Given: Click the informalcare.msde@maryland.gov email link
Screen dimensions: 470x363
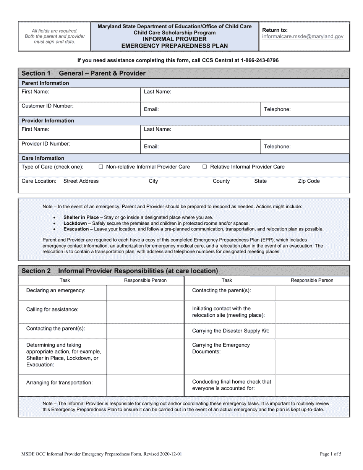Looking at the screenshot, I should [303, 37].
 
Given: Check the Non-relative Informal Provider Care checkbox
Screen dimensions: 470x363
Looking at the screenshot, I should [101, 167].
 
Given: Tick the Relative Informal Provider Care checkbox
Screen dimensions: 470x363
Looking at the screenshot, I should [205, 167].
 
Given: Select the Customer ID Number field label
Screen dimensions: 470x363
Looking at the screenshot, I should [47, 106].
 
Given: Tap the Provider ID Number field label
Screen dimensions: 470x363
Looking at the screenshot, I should [46, 144].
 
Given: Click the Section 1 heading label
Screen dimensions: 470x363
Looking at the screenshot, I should [36, 73].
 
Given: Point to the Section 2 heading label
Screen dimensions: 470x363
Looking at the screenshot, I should [36, 271].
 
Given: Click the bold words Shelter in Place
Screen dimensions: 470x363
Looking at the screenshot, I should [81, 217].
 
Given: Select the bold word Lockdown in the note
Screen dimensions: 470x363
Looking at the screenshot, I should [75, 223].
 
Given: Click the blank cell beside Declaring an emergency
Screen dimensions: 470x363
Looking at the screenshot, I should [145, 293].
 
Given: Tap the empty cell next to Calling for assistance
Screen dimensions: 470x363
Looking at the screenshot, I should [145, 312].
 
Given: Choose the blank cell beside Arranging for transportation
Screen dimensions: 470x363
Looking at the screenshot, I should [145, 385].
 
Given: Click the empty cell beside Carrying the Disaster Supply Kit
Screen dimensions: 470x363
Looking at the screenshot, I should [312, 331].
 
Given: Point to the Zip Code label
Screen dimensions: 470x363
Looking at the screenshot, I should [309, 181].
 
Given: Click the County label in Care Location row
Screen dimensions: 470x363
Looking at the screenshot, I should [221, 181].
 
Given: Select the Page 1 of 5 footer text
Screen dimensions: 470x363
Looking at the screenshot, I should [331, 454].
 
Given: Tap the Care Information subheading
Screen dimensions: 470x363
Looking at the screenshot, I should [43, 158].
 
